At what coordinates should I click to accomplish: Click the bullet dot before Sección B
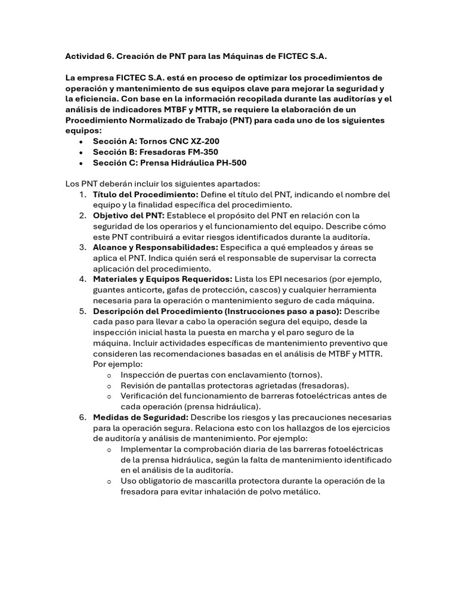[81, 152]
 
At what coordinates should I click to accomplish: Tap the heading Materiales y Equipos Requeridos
[162, 279]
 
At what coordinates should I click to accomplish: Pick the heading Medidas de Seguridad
[141, 417]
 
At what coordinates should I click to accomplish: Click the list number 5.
[82, 312]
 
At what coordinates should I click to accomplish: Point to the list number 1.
[82, 195]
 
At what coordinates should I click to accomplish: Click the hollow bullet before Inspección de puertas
[108, 375]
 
